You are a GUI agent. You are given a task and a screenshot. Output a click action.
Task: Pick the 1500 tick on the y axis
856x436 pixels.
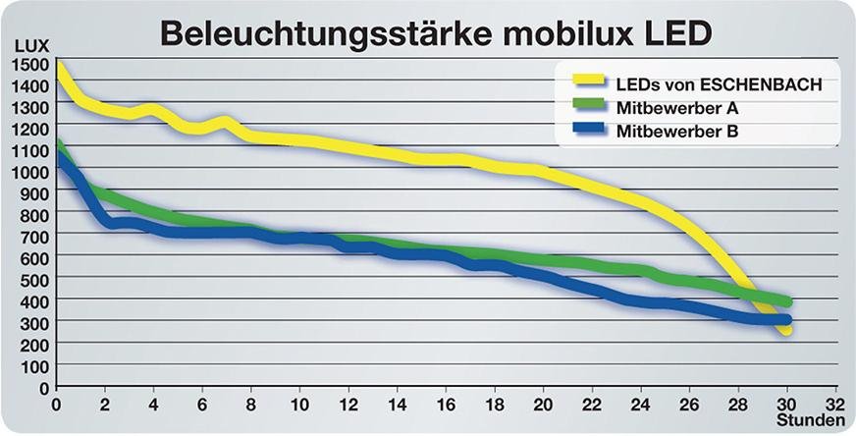tap(30, 65)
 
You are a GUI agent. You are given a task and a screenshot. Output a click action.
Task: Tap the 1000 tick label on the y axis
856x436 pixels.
tap(30, 172)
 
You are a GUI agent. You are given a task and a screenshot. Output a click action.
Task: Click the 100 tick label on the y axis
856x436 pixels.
tap(34, 366)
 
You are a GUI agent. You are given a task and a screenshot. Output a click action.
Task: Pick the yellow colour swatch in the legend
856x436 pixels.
tap(585, 82)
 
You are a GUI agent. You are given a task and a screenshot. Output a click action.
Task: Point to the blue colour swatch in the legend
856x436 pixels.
tap(585, 128)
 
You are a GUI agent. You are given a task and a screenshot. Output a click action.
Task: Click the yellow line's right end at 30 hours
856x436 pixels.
tap(785, 331)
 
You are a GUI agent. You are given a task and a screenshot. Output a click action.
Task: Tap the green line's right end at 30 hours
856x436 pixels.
tap(785, 302)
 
